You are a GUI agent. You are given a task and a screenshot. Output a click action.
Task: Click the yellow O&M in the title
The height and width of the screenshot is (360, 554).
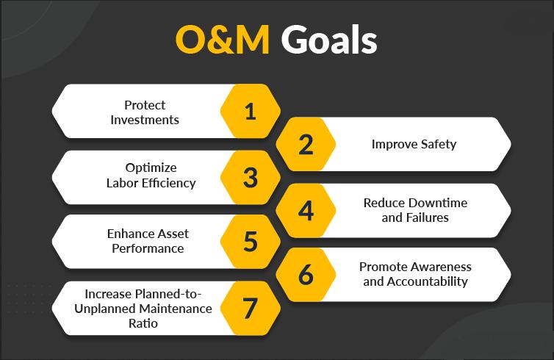click(x=223, y=40)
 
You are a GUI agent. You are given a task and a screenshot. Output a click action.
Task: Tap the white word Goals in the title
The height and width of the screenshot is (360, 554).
click(x=329, y=39)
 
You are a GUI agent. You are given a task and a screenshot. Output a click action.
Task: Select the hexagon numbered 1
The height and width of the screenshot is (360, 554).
click(x=250, y=111)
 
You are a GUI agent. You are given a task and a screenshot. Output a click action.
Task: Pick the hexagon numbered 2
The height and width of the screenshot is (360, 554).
click(x=306, y=144)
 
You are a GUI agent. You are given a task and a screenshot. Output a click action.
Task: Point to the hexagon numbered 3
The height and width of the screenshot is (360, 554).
click(x=250, y=177)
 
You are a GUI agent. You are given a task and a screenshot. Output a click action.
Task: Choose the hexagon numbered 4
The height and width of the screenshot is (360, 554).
click(x=306, y=211)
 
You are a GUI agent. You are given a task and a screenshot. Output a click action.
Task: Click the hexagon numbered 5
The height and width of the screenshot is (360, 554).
click(x=250, y=242)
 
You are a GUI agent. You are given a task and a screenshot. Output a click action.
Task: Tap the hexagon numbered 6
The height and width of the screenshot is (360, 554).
click(x=306, y=275)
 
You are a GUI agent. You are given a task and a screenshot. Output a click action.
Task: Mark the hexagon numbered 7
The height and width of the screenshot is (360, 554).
click(x=250, y=308)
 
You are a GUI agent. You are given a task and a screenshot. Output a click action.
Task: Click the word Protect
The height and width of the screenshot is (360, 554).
click(x=145, y=105)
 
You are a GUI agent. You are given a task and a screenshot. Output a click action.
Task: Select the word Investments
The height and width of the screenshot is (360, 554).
click(x=145, y=120)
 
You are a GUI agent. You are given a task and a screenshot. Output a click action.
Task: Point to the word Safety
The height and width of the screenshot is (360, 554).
click(x=439, y=144)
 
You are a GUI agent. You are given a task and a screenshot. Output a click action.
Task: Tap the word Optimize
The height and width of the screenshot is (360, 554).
click(x=151, y=168)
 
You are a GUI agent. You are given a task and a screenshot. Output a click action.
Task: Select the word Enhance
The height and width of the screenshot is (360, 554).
click(x=129, y=234)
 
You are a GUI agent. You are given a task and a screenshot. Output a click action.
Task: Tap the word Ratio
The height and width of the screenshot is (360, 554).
click(x=143, y=323)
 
